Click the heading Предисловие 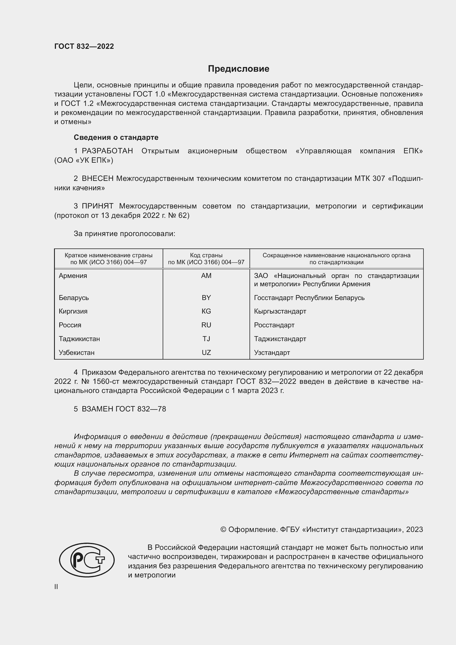pyautogui.click(x=238, y=69)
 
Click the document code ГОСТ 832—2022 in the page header pyautogui.click(x=84, y=46)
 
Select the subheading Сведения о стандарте pyautogui.click(x=116, y=137)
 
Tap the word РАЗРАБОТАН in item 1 pyautogui.click(x=107, y=151)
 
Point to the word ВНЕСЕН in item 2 pyautogui.click(x=97, y=179)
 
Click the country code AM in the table pyautogui.click(x=206, y=276)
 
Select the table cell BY pyautogui.click(x=206, y=298)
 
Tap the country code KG pyautogui.click(x=206, y=311)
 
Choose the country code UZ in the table pyautogui.click(x=206, y=353)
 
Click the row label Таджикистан pyautogui.click(x=79, y=339)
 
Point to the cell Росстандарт pyautogui.click(x=274, y=325)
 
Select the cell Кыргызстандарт pyautogui.click(x=280, y=311)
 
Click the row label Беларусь pyautogui.click(x=74, y=298)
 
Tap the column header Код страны pyautogui.click(x=206, y=255)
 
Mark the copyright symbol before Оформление pyautogui.click(x=223, y=529)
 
